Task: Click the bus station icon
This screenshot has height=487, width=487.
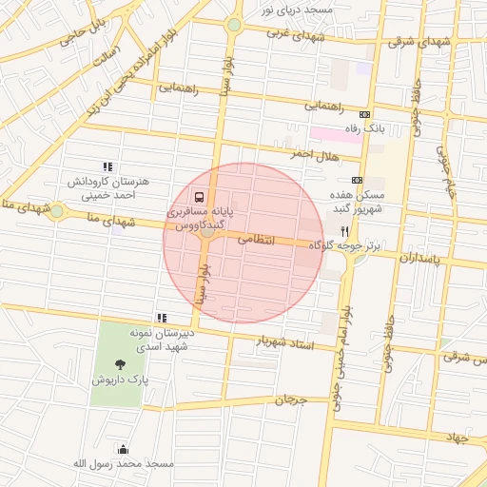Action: [x=198, y=199]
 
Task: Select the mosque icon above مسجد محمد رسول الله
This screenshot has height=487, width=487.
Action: [x=123, y=449]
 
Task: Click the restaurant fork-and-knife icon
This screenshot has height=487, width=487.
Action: [x=344, y=231]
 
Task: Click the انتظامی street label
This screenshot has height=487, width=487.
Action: [x=255, y=241]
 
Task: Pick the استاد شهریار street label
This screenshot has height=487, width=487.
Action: [x=285, y=342]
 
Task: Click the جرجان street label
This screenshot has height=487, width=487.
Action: [x=292, y=400]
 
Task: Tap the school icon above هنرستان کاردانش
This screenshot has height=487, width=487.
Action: [x=107, y=166]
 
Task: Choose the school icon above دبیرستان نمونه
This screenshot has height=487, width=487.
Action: [x=163, y=318]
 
